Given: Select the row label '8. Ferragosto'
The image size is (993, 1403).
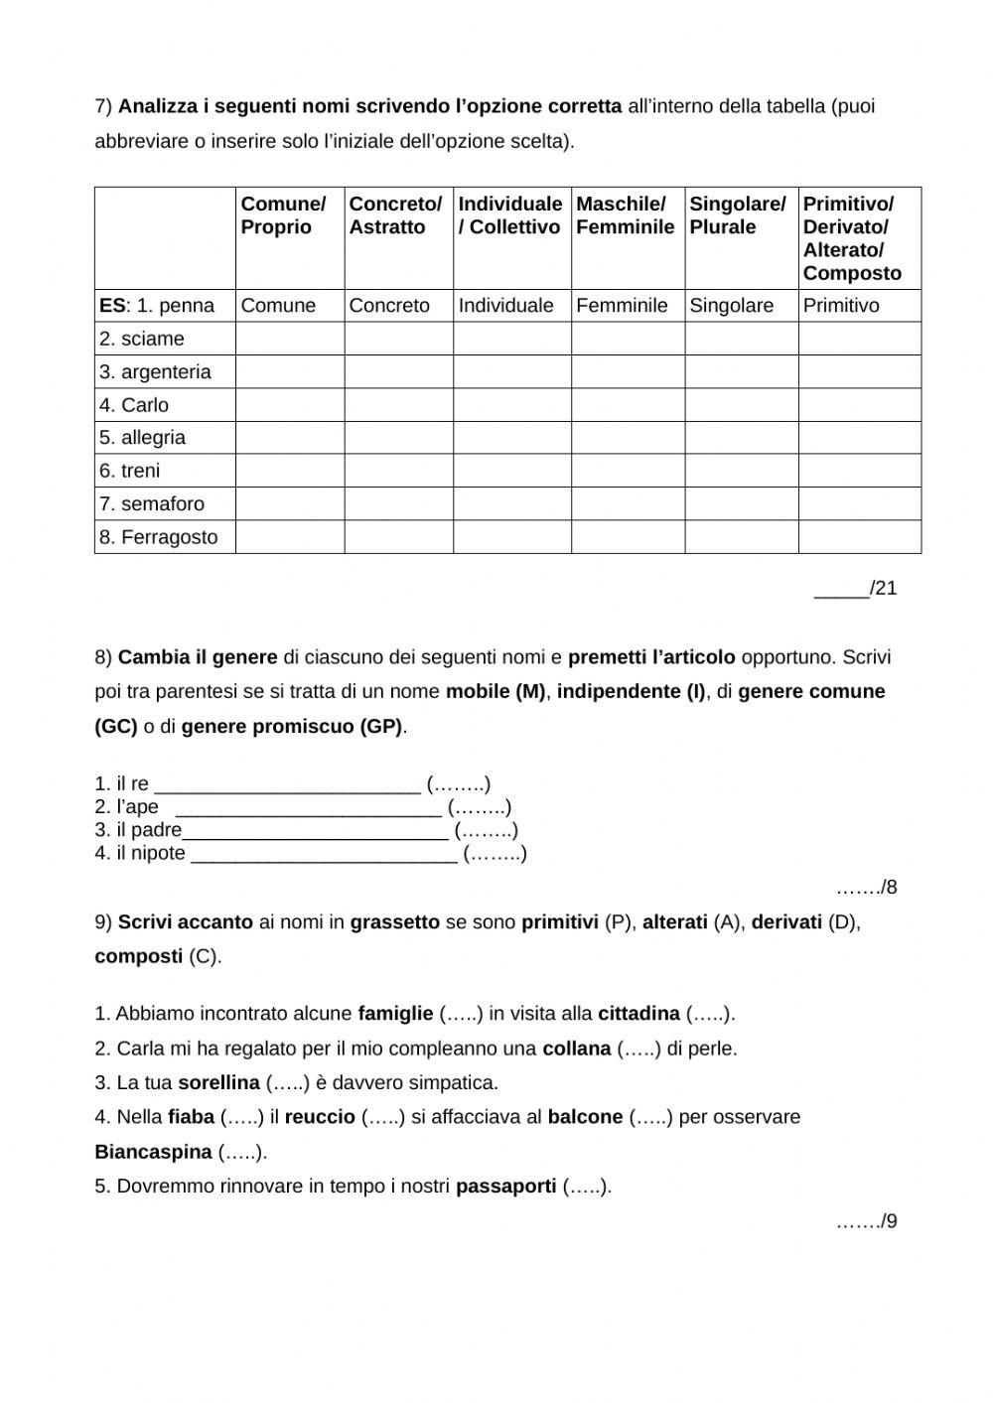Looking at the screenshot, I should tap(158, 537).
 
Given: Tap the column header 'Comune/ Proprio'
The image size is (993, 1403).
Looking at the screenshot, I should tap(283, 215).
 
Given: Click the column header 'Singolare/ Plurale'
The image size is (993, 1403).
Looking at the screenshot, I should tap(737, 215).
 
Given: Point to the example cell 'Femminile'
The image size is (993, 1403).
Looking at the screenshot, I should tap(622, 306).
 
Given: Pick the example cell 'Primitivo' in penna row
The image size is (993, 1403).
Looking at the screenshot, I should tap(841, 306).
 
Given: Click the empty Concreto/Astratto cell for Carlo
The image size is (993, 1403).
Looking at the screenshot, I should tap(398, 405).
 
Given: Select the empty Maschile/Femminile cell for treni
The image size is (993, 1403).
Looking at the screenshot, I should tap(628, 471).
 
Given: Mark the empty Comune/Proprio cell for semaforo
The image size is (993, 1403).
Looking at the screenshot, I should tap(290, 503).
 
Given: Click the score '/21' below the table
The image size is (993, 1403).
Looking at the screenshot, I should tap(856, 588).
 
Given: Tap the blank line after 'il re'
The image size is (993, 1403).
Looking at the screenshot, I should tap(287, 784).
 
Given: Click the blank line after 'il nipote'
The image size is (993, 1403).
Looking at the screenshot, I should tap(324, 853).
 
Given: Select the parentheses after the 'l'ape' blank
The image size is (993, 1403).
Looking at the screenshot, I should tap(480, 807).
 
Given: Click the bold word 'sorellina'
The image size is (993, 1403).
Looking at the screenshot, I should tap(218, 1082).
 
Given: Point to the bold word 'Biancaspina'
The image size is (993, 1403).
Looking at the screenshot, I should tap(153, 1152).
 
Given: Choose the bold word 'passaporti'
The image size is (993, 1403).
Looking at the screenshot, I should tap(505, 1186).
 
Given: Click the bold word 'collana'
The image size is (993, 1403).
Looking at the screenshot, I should tap(576, 1049).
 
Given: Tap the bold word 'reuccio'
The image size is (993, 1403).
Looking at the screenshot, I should tap(320, 1117).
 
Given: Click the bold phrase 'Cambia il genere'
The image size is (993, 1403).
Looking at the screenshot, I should tap(198, 657).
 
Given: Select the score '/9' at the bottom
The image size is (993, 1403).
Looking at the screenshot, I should tap(867, 1221).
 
